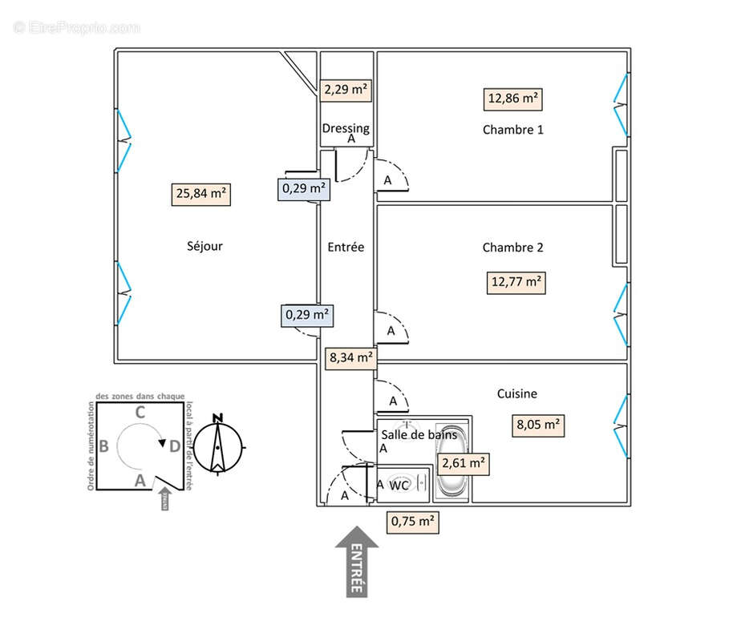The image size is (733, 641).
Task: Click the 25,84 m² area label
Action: coord(200,195)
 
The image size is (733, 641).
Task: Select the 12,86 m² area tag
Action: coord(513,99)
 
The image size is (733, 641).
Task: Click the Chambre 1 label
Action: coord(512,129)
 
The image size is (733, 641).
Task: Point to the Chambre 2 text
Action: coord(512,248)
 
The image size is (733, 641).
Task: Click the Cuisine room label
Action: coord(517,393)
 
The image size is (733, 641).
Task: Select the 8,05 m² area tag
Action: coord(537,425)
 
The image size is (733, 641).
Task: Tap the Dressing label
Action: coord(346,128)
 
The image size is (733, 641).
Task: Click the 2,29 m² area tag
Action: coord(346,90)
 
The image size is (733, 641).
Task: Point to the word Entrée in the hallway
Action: coord(346,248)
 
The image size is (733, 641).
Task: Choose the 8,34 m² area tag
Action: coord(350,358)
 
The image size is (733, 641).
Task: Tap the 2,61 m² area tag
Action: coord(463,463)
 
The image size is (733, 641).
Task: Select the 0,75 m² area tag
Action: coord(414,522)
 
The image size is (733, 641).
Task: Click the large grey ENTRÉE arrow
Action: coord(356,561)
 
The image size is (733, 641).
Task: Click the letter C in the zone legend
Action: coord(140,413)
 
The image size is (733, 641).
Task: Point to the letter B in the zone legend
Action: coord(104,446)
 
